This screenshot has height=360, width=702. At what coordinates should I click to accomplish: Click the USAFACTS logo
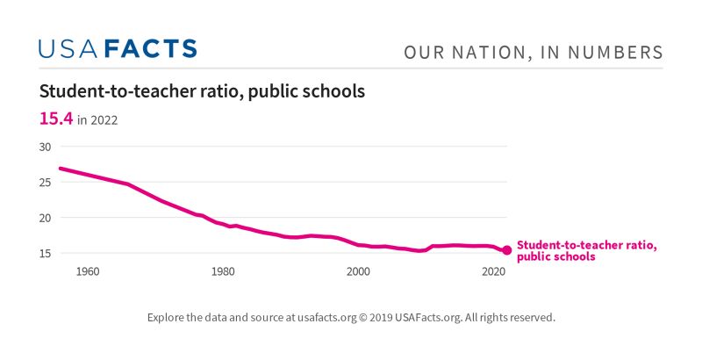(x=118, y=48)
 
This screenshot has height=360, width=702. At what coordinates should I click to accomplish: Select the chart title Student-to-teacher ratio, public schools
(x=202, y=91)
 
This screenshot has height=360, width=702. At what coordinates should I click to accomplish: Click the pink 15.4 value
(x=55, y=119)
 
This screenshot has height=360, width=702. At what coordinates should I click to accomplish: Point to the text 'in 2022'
(x=97, y=120)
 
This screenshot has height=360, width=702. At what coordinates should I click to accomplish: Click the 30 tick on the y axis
(x=46, y=147)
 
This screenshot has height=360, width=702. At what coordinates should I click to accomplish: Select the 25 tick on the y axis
(x=46, y=182)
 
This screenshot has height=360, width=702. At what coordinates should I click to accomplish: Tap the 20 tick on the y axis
(x=46, y=218)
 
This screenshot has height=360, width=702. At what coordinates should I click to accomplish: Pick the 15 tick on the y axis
(x=46, y=253)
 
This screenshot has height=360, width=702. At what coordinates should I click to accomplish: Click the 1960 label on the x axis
(x=88, y=271)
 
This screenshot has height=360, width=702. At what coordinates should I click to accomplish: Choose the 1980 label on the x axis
(x=223, y=271)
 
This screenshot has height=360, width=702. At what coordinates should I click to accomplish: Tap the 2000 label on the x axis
(x=358, y=271)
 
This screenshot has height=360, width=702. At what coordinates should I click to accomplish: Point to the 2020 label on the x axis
(x=493, y=271)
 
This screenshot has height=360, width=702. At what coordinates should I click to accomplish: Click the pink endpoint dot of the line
(x=506, y=250)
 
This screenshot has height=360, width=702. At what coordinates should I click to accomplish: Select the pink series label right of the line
(x=586, y=251)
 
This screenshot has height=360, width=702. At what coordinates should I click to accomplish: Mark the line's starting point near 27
(x=60, y=168)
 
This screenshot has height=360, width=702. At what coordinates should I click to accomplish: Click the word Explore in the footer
(x=167, y=317)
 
